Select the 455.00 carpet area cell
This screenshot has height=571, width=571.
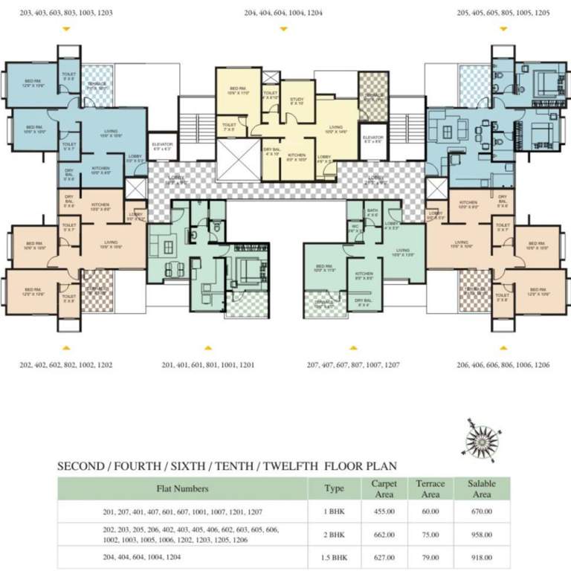[x=384, y=512]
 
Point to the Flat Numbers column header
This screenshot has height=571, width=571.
[x=182, y=488]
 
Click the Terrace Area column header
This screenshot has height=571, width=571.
[x=430, y=488]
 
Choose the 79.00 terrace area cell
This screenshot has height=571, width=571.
[x=430, y=556]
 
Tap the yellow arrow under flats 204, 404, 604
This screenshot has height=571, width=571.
[x=283, y=29]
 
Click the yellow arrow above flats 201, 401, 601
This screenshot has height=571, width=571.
[x=209, y=347]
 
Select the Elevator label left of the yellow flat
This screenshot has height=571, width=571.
[x=161, y=146]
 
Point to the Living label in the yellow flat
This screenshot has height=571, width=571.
[x=333, y=129]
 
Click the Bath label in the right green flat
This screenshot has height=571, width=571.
[x=372, y=211]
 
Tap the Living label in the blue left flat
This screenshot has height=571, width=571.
[x=110, y=135]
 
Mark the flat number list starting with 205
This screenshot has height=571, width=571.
[x=503, y=13]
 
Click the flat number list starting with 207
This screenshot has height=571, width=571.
[x=353, y=365]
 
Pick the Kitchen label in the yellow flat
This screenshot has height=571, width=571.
[x=296, y=157]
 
